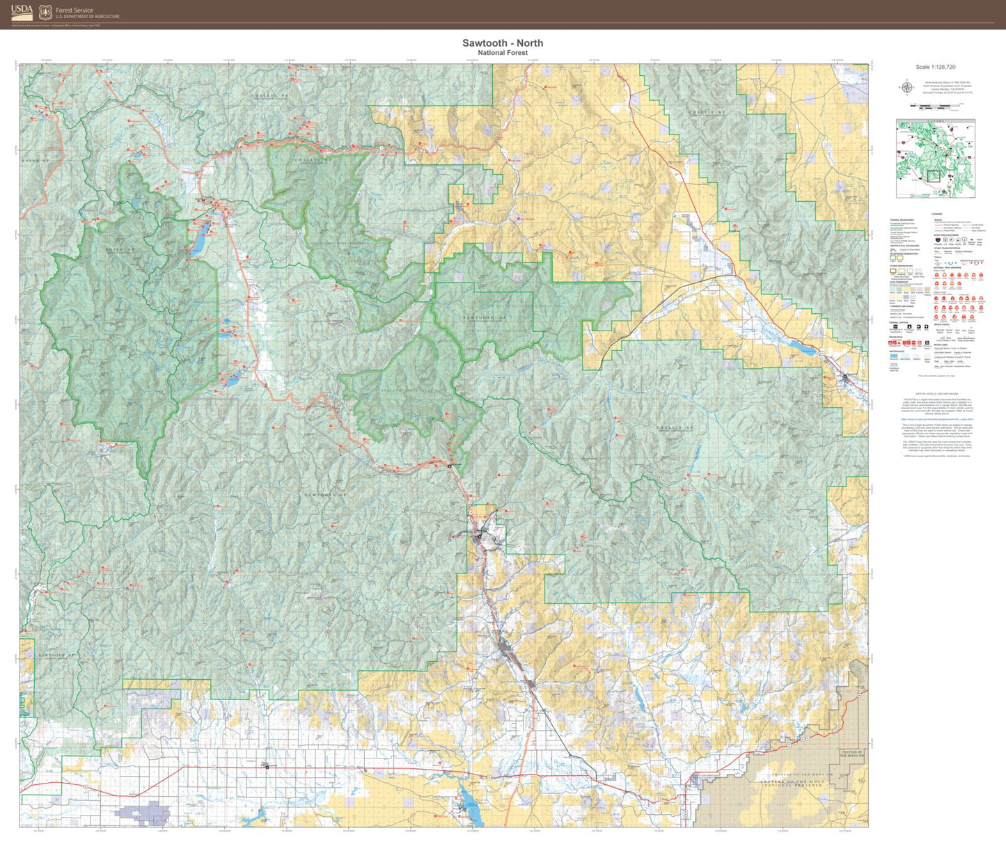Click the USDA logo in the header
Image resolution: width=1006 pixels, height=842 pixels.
click(22, 12)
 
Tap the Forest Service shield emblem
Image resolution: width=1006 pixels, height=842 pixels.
click(45, 12)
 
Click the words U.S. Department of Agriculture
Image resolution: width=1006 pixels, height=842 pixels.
click(87, 17)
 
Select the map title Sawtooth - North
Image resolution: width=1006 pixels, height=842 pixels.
click(503, 43)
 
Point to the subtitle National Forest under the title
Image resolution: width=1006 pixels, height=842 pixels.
click(503, 53)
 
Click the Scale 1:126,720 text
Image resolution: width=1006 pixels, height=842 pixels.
click(935, 67)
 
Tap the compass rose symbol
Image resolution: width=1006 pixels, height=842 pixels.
click(906, 87)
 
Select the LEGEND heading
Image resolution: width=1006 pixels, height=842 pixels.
click(936, 214)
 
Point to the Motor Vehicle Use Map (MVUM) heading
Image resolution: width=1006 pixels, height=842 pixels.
click(935, 394)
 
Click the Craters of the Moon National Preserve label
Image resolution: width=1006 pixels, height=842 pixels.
click(793, 784)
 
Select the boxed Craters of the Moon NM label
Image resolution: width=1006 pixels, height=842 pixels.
click(851, 754)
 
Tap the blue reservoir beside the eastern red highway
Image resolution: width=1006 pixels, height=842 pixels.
click(799, 347)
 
